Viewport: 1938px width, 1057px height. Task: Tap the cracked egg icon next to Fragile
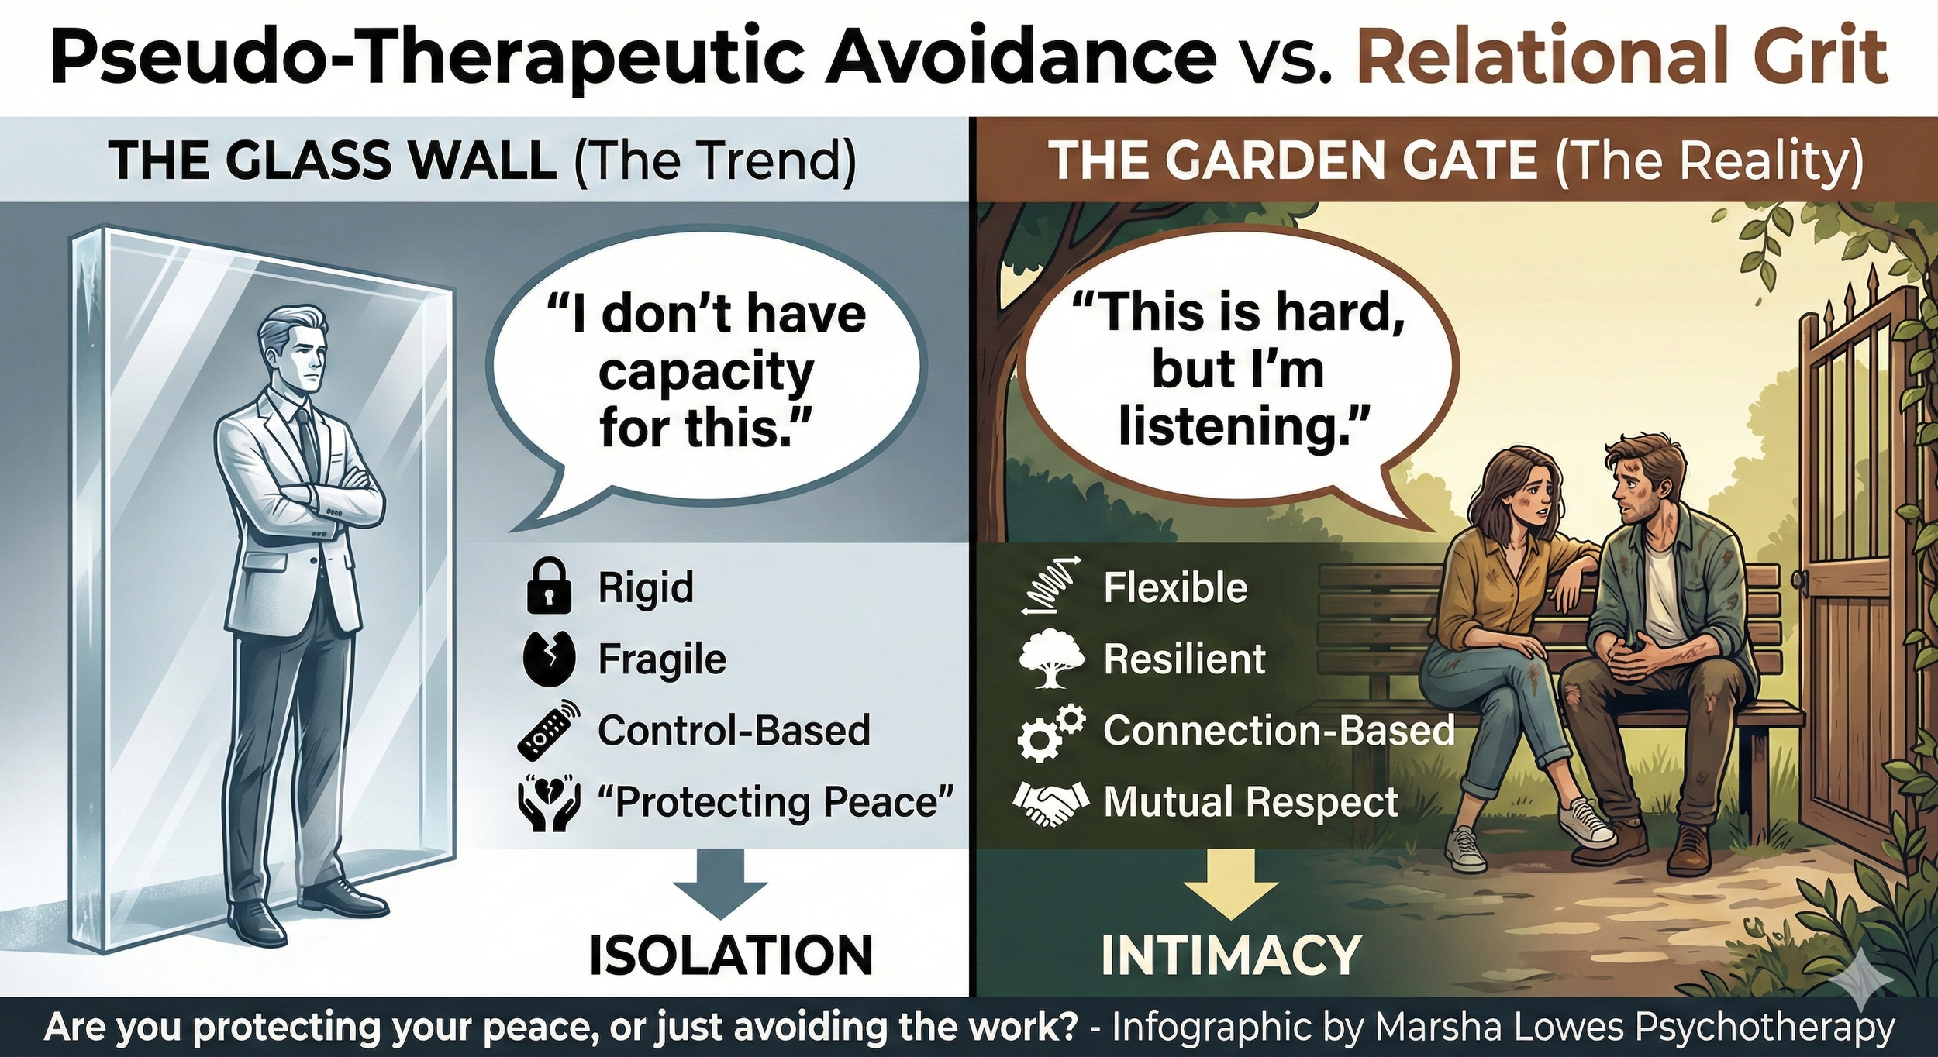click(x=549, y=659)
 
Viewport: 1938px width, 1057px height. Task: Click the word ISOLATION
click(x=730, y=955)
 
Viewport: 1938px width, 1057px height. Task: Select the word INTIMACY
click(x=1231, y=955)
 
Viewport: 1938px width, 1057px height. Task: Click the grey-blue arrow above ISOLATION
click(x=719, y=882)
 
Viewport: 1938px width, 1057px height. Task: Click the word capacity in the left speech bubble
click(x=705, y=373)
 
